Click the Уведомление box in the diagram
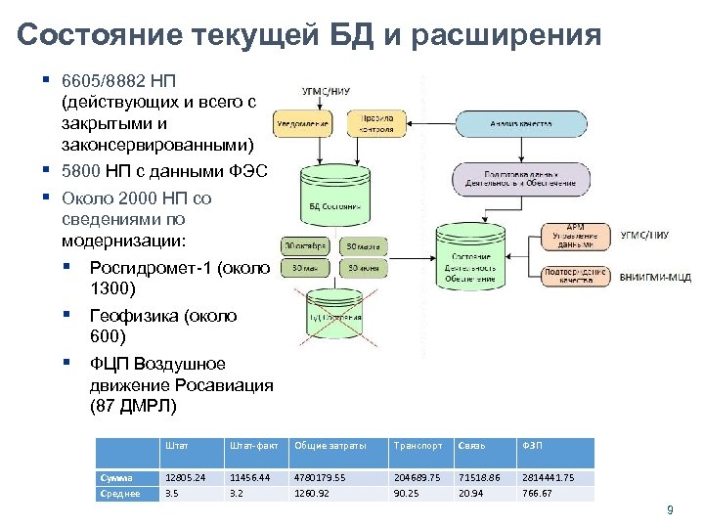pyautogui.click(x=305, y=123)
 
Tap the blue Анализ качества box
pyautogui.click(x=520, y=124)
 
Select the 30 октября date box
pyautogui.click(x=305, y=245)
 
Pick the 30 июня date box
pyautogui.click(x=362, y=268)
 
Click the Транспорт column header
pyautogui.click(x=418, y=446)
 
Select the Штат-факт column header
pyautogui.click(x=253, y=446)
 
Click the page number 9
pyautogui.click(x=670, y=509)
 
